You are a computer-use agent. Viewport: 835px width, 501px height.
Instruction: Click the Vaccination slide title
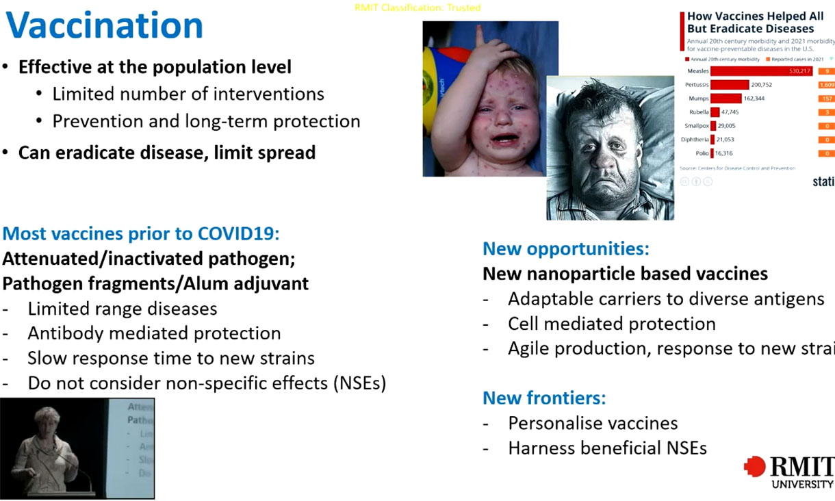tap(104, 25)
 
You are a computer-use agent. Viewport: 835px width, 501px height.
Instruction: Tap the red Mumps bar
tap(725, 99)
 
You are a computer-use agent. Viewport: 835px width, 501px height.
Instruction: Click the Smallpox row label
tap(696, 126)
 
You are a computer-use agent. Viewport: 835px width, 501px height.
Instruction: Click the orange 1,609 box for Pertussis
tap(826, 85)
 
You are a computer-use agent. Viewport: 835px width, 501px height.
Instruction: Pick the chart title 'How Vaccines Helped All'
tap(755, 16)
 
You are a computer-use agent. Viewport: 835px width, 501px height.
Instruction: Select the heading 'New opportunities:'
tap(565, 248)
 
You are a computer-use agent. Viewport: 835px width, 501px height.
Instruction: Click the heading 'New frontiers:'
tap(544, 398)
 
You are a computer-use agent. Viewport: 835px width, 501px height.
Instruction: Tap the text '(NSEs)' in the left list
tap(360, 383)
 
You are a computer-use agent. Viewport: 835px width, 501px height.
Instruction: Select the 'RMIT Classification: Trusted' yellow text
tap(417, 8)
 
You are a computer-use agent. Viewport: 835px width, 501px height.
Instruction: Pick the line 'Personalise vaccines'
tap(593, 424)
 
